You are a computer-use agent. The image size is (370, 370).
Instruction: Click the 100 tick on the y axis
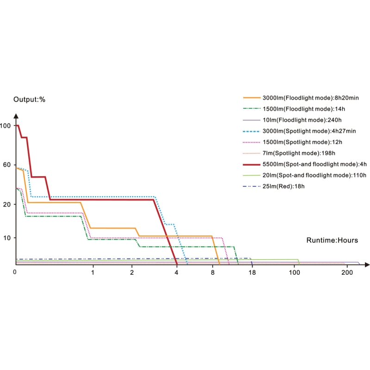pyautogui.click(x=6, y=126)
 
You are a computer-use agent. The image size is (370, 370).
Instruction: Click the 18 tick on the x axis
pyautogui.click(x=252, y=273)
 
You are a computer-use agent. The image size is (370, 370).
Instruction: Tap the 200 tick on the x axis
pyautogui.click(x=347, y=273)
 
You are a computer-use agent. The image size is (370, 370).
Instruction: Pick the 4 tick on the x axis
pyautogui.click(x=177, y=273)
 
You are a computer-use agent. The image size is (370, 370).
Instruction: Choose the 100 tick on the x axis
pyautogui.click(x=295, y=273)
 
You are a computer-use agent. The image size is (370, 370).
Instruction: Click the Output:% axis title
pyautogui.click(x=29, y=99)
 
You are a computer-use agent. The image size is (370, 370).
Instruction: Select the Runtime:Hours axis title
pyautogui.click(x=332, y=240)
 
